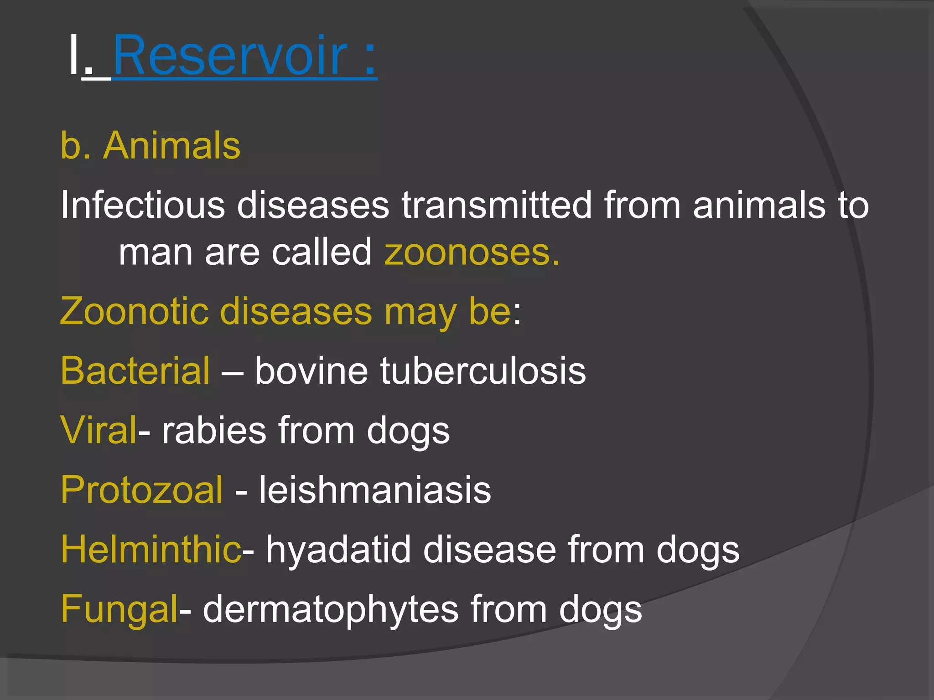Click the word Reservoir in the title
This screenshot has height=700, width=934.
coord(230,56)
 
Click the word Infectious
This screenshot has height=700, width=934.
coord(142,205)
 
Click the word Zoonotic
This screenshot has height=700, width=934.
coord(135,311)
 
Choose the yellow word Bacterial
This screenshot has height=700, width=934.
coord(135,371)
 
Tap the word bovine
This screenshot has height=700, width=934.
coord(311,371)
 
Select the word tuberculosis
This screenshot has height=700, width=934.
coord(483,371)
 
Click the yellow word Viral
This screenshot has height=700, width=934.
coord(99,430)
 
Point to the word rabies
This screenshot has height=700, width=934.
coord(214,430)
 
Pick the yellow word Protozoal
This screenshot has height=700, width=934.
coord(142,490)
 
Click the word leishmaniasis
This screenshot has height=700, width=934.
coord(375,490)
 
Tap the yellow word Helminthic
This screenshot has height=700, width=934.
coord(151,550)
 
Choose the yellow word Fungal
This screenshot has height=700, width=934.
coord(119,609)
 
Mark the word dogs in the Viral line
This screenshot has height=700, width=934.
coord(408,431)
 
